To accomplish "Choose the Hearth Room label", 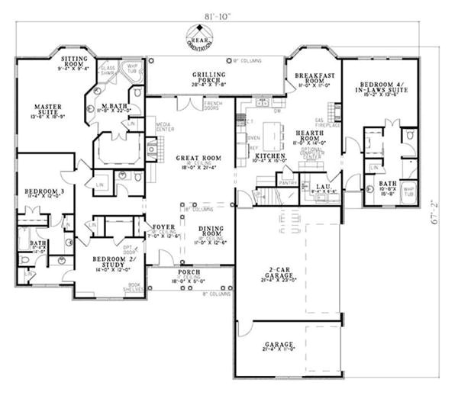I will pyautogui.click(x=311, y=136).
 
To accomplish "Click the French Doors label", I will pyautogui.click(x=212, y=105).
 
